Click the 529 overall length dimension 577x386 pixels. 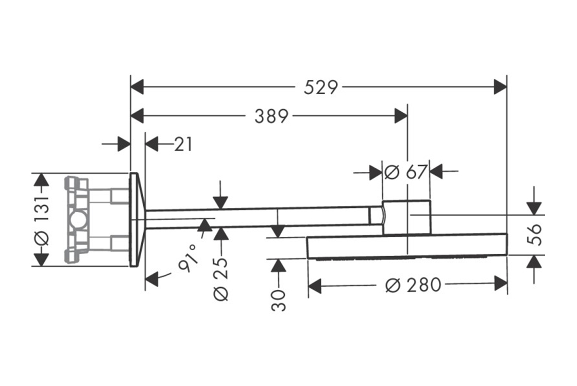320,87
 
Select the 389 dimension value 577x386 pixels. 271,117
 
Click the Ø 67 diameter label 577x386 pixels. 406,172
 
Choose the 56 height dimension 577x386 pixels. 536,235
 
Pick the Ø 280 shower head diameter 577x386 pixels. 413,284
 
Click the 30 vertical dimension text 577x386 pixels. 278,300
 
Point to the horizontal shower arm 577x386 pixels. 258,218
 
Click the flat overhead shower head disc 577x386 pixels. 407,247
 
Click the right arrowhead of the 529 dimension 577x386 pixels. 500,87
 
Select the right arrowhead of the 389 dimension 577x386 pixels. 401,117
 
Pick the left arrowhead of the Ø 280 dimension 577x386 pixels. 315,284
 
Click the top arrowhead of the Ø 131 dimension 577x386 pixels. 41,180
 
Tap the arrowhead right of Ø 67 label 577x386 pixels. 437,172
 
